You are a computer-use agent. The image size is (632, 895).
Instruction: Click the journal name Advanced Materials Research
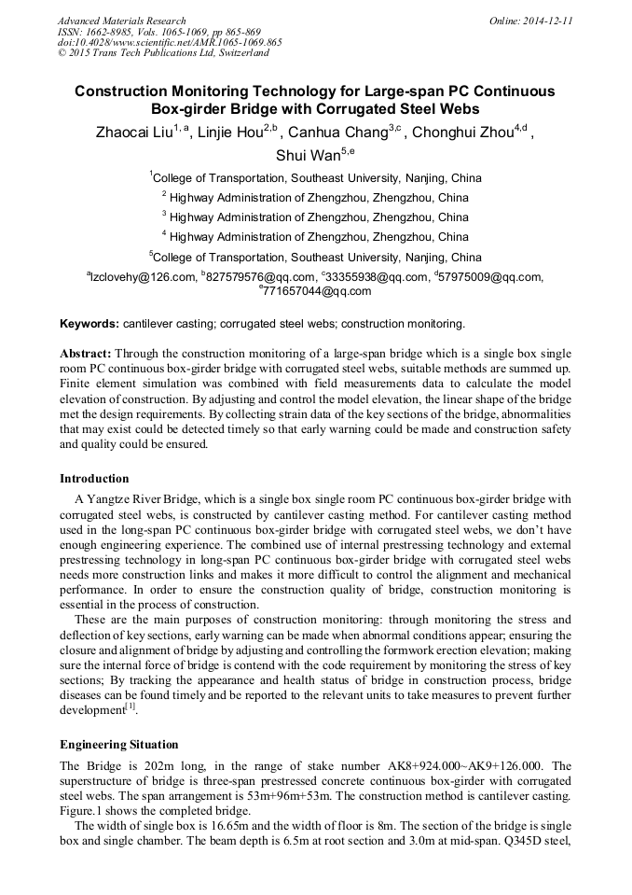[121, 21]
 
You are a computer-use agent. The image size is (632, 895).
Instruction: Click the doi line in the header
[170, 42]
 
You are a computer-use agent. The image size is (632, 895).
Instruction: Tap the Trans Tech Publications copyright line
[163, 53]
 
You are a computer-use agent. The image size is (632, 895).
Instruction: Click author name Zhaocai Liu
[134, 132]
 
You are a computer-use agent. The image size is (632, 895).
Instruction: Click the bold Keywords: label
[89, 324]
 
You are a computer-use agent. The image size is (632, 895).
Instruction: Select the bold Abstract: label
[86, 355]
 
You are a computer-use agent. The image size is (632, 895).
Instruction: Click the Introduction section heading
[94, 479]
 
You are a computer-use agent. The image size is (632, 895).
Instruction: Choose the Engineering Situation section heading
[118, 745]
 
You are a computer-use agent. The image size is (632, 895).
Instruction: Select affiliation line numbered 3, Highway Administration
[315, 217]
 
